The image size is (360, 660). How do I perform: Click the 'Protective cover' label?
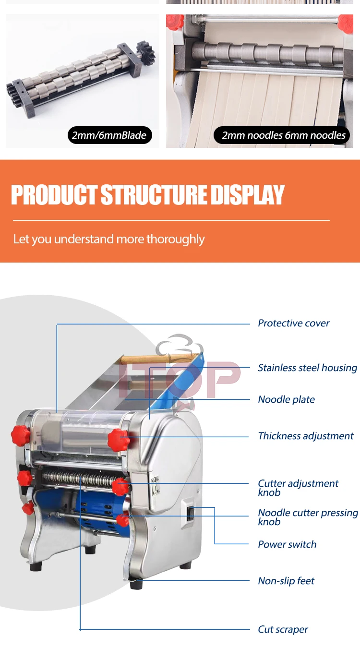click(293, 323)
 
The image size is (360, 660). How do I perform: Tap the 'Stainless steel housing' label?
click(307, 368)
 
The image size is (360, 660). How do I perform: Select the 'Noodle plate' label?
click(286, 399)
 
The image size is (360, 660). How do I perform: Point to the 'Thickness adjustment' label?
click(305, 436)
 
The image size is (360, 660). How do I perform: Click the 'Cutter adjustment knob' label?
click(298, 488)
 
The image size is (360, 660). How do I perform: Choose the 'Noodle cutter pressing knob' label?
click(308, 517)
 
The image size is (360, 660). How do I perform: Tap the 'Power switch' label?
click(287, 544)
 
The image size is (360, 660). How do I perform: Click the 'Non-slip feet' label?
click(286, 581)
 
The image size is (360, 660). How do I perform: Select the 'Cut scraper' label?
click(283, 629)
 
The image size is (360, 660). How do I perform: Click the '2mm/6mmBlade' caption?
click(109, 135)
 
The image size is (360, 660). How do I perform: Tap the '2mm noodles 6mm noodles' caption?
click(283, 135)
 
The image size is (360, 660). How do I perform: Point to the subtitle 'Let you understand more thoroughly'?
click(109, 239)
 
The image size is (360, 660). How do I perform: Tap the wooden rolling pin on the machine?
click(158, 359)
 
